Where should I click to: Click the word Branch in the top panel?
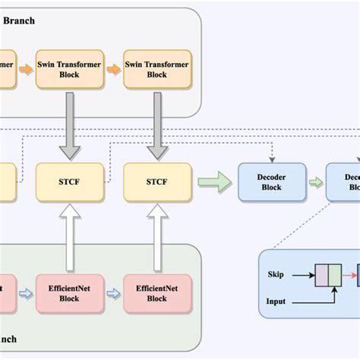click(x=20, y=21)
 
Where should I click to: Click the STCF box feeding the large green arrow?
click(x=156, y=182)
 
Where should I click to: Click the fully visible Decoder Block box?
click(x=271, y=182)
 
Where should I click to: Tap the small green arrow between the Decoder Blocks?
click(x=315, y=182)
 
